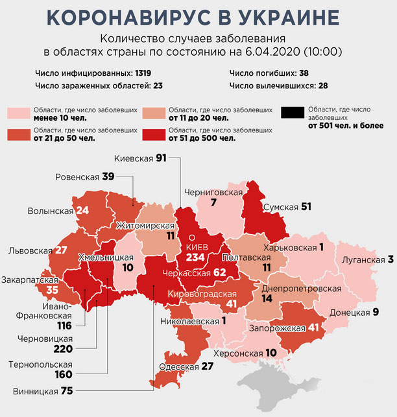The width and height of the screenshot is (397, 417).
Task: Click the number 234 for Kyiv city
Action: click(x=196, y=257)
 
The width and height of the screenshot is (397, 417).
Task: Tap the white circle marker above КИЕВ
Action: click(x=192, y=237)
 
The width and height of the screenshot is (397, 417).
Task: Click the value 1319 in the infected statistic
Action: click(x=150, y=73)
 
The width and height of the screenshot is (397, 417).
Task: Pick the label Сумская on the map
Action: click(x=280, y=207)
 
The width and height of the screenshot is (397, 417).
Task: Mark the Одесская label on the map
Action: click(x=176, y=366)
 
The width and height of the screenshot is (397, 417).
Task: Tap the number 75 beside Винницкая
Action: click(x=67, y=391)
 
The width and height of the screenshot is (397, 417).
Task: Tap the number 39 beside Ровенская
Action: click(x=108, y=176)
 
